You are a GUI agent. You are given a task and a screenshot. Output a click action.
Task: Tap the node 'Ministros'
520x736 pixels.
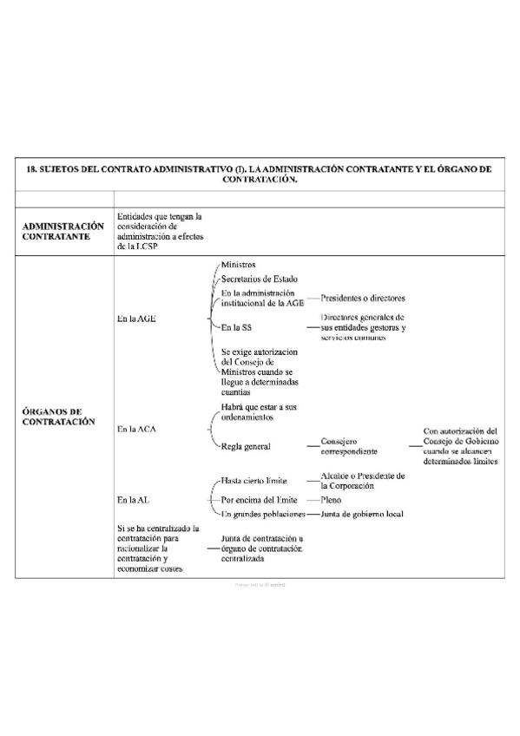(238, 264)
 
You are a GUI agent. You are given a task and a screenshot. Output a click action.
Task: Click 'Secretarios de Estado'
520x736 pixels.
(259, 279)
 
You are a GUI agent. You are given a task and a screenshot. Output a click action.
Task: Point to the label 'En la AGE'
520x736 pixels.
(136, 319)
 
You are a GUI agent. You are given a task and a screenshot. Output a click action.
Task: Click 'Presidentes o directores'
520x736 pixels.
(362, 299)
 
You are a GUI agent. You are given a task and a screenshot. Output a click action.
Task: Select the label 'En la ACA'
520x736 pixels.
(137, 429)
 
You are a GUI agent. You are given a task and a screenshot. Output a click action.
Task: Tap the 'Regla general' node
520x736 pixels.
(246, 446)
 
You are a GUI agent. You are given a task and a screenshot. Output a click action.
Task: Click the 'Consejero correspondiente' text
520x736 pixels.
(348, 446)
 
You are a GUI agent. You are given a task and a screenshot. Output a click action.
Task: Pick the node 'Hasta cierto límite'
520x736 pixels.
(255, 480)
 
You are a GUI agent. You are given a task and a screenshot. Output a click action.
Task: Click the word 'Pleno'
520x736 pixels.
(331, 501)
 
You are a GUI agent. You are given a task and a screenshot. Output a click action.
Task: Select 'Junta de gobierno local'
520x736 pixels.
(364, 515)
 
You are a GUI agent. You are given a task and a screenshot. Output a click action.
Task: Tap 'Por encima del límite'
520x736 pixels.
(260, 501)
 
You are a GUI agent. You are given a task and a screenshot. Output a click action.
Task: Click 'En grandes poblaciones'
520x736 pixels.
(263, 515)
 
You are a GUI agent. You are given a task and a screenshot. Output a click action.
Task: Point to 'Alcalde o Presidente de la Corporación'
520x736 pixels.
(362, 481)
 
